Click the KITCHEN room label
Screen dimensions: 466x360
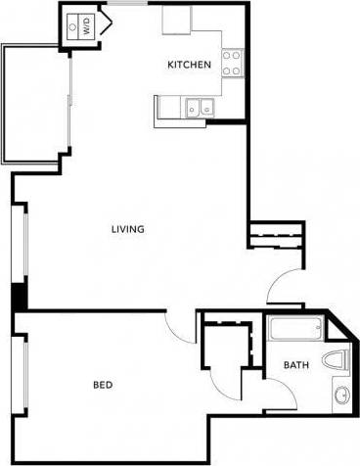[189, 66]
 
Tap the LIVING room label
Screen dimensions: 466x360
[128, 230]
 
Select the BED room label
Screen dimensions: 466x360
[104, 385]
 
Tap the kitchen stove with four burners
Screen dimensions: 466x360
[233, 64]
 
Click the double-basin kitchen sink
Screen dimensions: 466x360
[201, 108]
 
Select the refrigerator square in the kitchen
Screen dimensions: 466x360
[176, 20]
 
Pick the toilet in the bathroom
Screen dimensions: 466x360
[338, 359]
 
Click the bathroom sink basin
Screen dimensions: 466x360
[341, 396]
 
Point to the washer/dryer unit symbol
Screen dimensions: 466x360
[73, 26]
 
